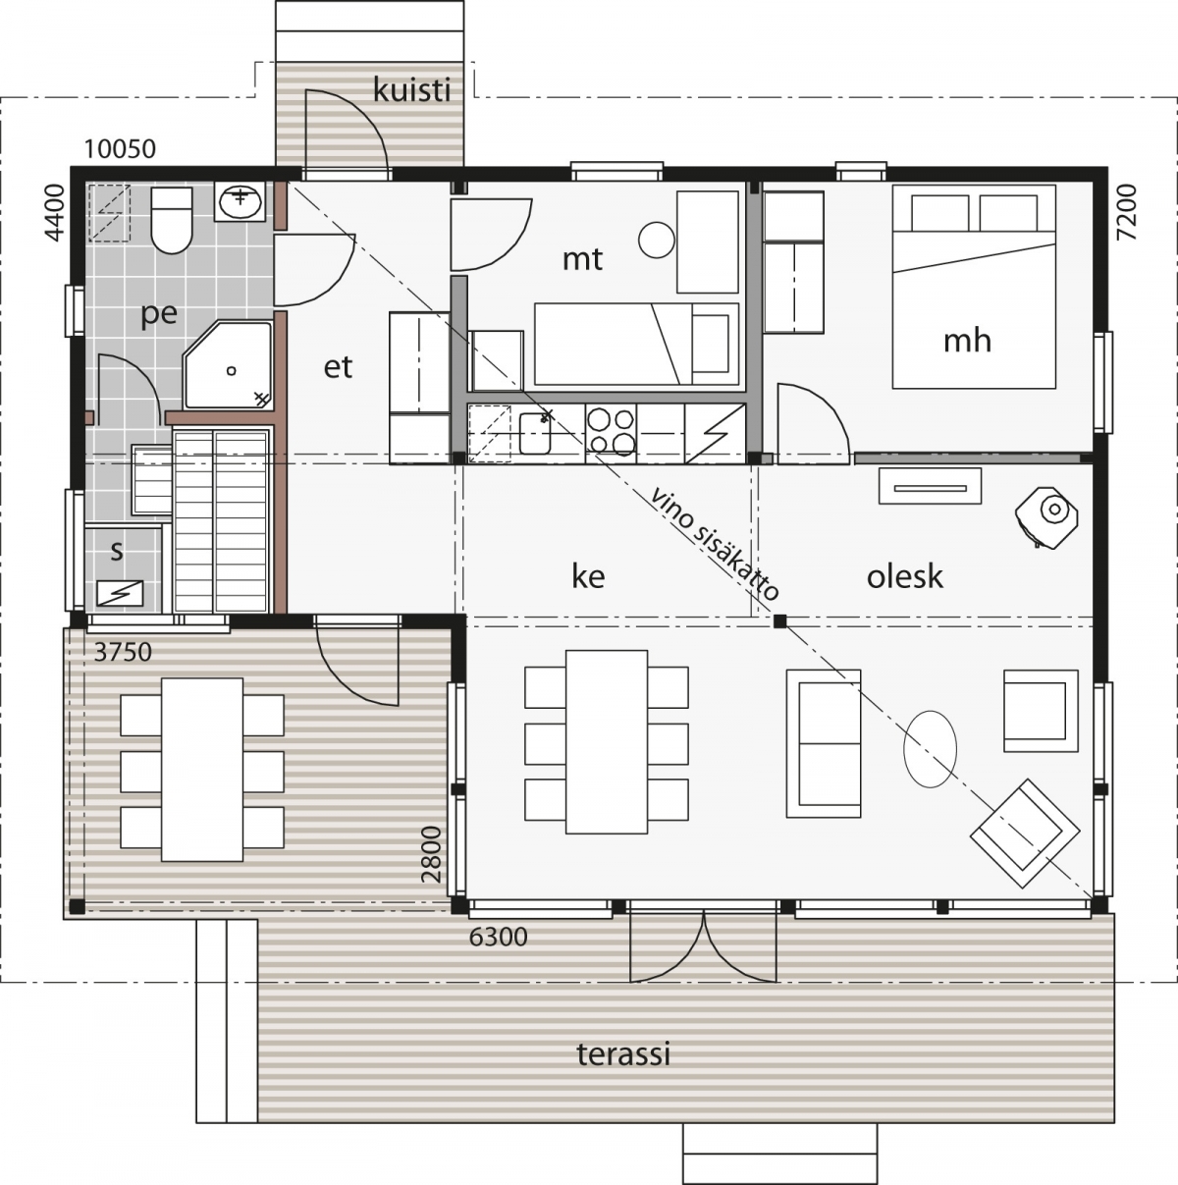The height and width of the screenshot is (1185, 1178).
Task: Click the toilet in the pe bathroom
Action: [172, 220]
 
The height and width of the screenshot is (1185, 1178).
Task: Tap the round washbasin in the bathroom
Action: [240, 200]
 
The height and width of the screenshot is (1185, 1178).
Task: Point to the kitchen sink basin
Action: [535, 433]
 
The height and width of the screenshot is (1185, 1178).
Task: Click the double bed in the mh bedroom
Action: [974, 287]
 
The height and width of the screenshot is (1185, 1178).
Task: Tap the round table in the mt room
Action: [657, 240]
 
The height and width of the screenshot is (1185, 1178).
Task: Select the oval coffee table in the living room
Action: [930, 748]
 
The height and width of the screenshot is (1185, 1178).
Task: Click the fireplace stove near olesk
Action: [1047, 516]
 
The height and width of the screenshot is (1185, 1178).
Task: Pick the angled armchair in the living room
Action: [1024, 834]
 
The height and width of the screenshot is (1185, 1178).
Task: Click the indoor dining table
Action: [606, 741]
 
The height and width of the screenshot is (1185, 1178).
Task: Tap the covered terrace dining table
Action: [202, 770]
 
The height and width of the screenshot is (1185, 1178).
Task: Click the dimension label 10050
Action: [120, 149]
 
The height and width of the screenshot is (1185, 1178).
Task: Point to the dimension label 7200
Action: [1128, 212]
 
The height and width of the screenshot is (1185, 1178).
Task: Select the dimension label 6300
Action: [499, 938]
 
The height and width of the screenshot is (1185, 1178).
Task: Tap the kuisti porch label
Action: [411, 90]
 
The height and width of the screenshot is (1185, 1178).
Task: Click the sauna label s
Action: [116, 551]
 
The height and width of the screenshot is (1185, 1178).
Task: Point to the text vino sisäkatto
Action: [715, 544]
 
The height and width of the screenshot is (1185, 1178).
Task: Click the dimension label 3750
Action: [123, 652]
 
